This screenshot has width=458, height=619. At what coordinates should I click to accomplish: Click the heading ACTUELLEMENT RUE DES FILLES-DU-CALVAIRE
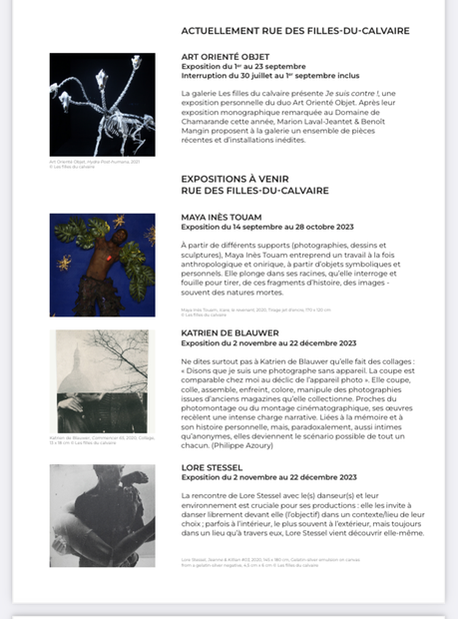[x=295, y=31]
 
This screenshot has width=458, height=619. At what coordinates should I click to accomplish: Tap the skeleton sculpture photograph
[x=102, y=105]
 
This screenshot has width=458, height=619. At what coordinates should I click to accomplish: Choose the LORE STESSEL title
[x=211, y=466]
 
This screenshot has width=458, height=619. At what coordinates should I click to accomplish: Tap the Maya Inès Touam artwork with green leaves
[x=102, y=265]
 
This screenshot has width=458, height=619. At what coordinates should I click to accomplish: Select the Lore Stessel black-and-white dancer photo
[x=102, y=515]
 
